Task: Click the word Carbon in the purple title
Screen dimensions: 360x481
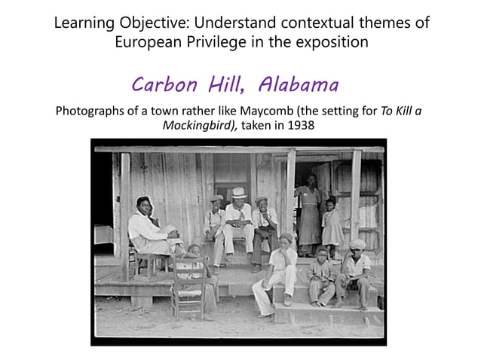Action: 163,84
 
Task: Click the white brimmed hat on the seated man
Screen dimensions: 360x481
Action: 239,192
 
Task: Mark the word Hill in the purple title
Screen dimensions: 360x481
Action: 230,84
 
